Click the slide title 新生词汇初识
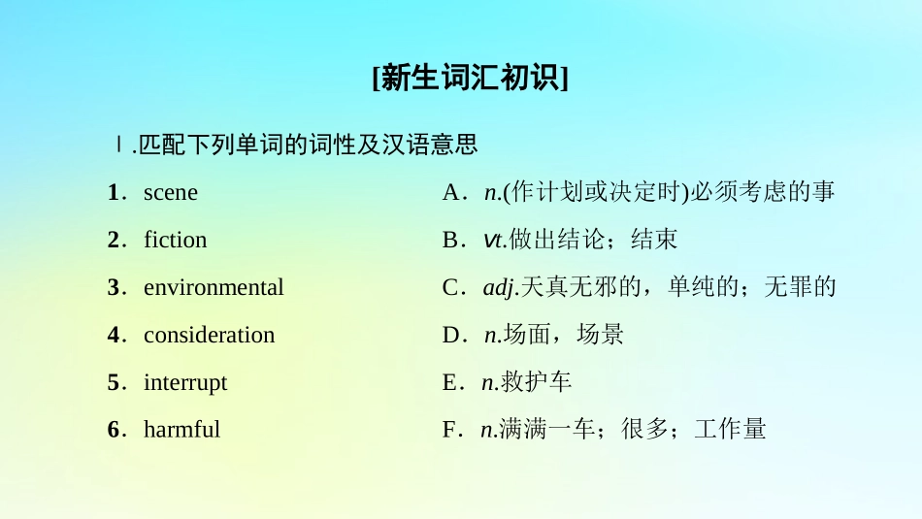coord(470,78)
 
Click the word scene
coord(170,192)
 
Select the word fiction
coord(175,240)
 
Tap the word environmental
coord(214,287)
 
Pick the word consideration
coord(209,335)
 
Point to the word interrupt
coord(184,382)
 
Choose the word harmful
coord(181,429)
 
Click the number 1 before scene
coord(114,192)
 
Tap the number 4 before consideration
coord(114,335)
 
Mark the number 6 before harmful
coord(114,429)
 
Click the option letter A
coord(450,192)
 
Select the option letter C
coord(449,287)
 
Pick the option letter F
coord(448,429)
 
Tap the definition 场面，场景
coord(563,335)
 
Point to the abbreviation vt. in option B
coord(494,240)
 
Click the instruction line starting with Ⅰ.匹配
coord(296,146)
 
